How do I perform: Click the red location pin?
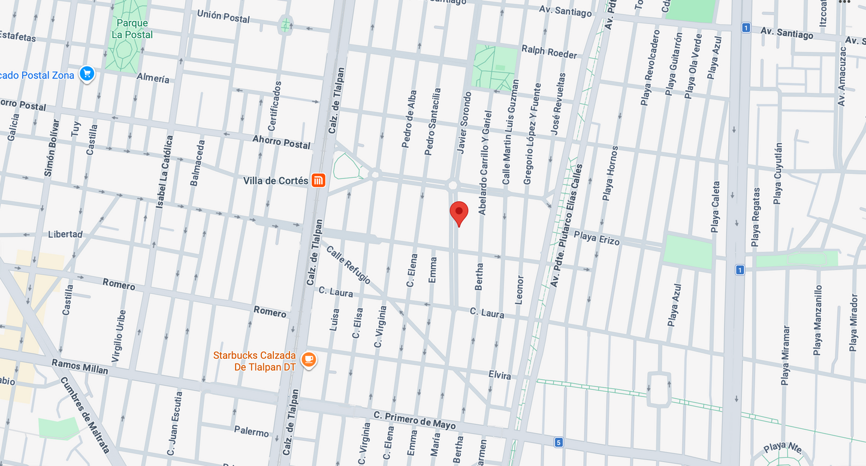tap(458, 213)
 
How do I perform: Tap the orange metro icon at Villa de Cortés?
tap(318, 180)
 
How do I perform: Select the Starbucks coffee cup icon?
tap(309, 359)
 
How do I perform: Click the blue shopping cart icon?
tap(87, 74)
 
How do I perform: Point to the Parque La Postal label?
tap(132, 29)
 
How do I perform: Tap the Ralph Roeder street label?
tap(549, 52)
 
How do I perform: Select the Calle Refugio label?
tap(348, 265)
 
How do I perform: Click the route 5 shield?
tap(559, 443)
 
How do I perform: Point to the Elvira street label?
tap(499, 376)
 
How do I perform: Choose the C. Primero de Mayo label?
tap(414, 420)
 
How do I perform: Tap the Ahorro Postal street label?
tap(282, 141)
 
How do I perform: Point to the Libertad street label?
tap(65, 234)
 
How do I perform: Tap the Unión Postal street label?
tap(223, 16)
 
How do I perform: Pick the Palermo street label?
tap(251, 431)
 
